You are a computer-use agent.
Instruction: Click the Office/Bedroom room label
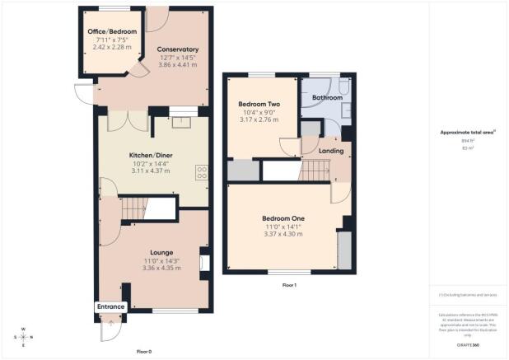point(112,31)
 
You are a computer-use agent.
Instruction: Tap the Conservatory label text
point(178,49)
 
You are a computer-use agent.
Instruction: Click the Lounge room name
point(161,251)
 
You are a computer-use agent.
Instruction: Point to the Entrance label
point(110,306)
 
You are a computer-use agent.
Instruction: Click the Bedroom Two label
point(259,105)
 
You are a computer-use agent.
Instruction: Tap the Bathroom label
point(327,97)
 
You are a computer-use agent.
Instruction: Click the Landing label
point(331,151)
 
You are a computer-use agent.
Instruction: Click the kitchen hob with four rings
point(200,172)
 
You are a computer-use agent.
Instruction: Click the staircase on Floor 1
point(314,171)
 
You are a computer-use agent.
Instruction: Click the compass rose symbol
point(23,337)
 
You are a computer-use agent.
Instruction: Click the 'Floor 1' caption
point(288,285)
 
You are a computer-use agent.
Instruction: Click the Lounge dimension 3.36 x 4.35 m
point(161,268)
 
